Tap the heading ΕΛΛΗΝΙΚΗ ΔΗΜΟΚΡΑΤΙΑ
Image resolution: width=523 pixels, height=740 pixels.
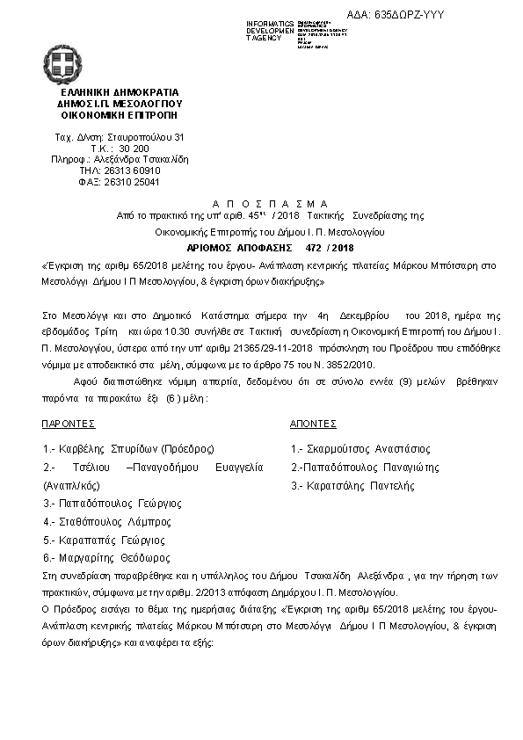click(119, 91)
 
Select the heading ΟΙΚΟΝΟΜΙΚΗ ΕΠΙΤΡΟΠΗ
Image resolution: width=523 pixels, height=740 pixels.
click(119, 114)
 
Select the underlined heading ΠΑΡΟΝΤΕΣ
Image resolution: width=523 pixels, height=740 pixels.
click(69, 423)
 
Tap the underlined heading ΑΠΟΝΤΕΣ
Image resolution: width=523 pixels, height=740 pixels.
click(314, 423)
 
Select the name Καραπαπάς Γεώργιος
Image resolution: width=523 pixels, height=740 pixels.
click(103, 540)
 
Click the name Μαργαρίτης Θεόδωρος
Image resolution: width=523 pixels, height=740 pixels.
click(108, 558)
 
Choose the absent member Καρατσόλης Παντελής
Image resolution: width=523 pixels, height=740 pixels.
click(352, 485)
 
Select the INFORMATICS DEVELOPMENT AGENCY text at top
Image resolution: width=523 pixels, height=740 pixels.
click(271, 31)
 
